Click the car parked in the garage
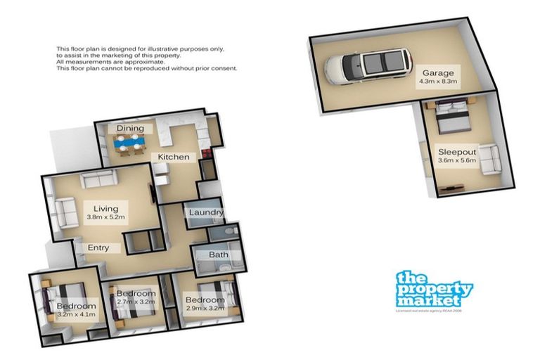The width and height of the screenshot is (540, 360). pyautogui.click(x=367, y=65)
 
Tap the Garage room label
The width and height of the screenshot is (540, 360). pyautogui.click(x=437, y=72)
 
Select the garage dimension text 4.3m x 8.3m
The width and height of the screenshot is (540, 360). pyautogui.click(x=437, y=82)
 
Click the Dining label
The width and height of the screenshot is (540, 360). pyautogui.click(x=130, y=129)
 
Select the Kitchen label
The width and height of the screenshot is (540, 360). pyautogui.click(x=173, y=156)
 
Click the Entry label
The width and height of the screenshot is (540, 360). pyautogui.click(x=98, y=247)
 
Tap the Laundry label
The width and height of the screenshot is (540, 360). pyautogui.click(x=206, y=212)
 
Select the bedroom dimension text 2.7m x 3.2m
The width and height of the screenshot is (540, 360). pyautogui.click(x=136, y=302)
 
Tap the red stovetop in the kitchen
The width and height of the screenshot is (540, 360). pyautogui.click(x=207, y=155)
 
